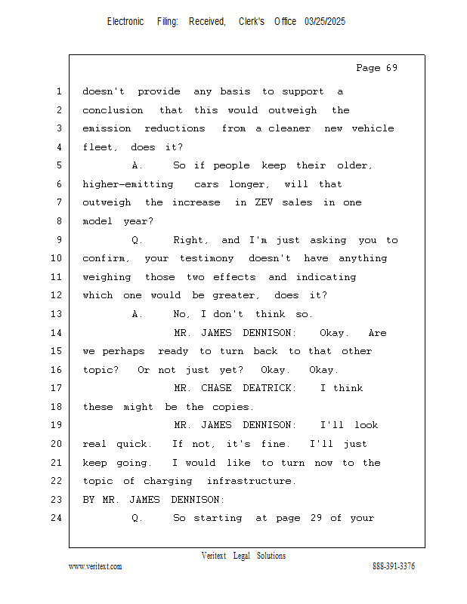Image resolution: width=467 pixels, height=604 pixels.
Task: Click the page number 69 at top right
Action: [x=391, y=68]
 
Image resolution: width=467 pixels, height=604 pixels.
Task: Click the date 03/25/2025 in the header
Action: [x=325, y=22]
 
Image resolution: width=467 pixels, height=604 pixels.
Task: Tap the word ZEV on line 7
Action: [x=264, y=202]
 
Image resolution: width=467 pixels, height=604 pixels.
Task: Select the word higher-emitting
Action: [x=128, y=184]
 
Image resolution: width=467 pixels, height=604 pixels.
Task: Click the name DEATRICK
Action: [x=269, y=388]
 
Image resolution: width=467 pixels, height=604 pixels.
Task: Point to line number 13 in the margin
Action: [x=57, y=314]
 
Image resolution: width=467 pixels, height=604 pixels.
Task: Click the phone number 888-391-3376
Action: [x=394, y=566]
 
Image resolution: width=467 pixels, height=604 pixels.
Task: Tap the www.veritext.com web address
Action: [x=95, y=566]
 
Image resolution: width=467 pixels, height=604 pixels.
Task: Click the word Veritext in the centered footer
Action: [x=214, y=556]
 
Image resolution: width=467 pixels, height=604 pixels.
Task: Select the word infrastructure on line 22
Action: [x=252, y=481]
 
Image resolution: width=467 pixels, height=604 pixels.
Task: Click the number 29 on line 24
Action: [x=316, y=518]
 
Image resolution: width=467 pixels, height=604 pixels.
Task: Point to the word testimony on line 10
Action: [x=207, y=258]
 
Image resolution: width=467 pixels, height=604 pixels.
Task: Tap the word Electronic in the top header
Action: [x=125, y=22]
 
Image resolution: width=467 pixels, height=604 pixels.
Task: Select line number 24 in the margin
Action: [x=57, y=518]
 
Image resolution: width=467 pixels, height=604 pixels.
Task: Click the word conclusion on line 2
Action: [x=113, y=110]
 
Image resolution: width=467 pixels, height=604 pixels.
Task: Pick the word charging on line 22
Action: [x=168, y=481]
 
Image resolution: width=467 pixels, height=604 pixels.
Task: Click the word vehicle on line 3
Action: [x=373, y=128]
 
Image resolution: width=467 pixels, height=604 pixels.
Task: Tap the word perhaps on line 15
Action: [x=123, y=351]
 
